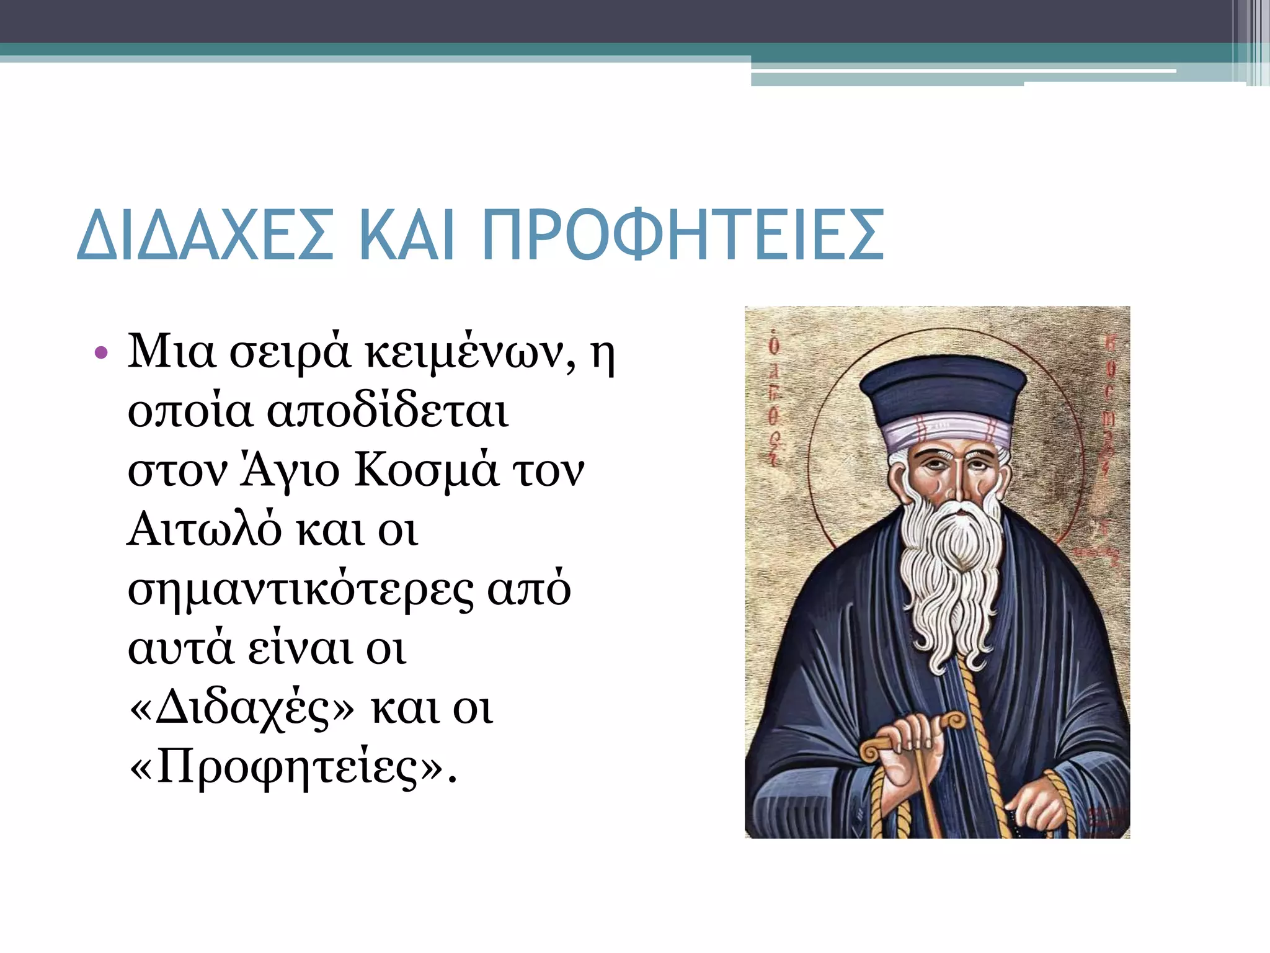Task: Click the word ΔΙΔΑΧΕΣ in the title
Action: point(205,236)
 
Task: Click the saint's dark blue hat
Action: point(943,388)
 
